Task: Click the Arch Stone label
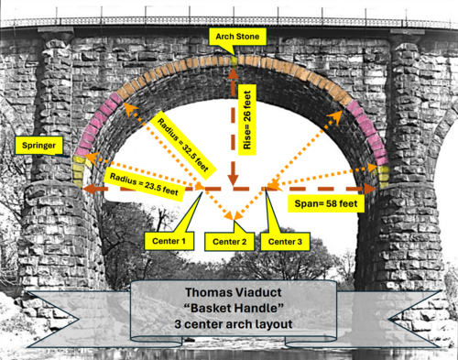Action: (237, 37)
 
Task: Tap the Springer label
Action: (38, 146)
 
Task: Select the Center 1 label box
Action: (169, 241)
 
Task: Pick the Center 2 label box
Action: (229, 242)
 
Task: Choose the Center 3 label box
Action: (285, 242)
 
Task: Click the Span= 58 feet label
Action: (326, 203)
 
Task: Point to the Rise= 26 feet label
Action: (247, 120)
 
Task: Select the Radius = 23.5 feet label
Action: (144, 184)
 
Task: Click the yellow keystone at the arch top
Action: (234, 61)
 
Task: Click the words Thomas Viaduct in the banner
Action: (234, 292)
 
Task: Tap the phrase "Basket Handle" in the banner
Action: (234, 308)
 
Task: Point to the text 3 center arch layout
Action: (234, 324)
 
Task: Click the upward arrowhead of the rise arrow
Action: (234, 73)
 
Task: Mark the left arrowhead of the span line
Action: (89, 190)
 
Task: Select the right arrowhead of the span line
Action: (370, 190)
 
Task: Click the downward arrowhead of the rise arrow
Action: (234, 180)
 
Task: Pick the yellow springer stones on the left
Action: (79, 170)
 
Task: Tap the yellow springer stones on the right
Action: (384, 177)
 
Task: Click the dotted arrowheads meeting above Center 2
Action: (234, 216)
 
